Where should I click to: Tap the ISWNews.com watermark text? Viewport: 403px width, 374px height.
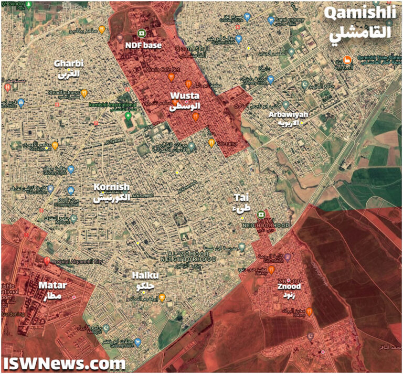[x=64, y=363]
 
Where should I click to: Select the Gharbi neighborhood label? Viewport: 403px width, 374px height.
[x=69, y=68]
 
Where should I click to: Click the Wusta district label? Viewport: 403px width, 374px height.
[x=186, y=101]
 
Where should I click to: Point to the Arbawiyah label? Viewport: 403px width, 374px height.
[x=288, y=118]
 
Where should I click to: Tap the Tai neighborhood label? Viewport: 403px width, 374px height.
[x=242, y=203]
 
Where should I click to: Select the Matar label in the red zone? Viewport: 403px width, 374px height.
[x=52, y=290]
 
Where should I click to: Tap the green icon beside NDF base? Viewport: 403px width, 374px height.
[x=141, y=33]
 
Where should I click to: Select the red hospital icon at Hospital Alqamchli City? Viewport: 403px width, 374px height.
[x=47, y=261]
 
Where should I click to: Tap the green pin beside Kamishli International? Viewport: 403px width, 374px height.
[x=129, y=116]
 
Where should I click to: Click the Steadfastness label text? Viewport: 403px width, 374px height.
[x=63, y=93]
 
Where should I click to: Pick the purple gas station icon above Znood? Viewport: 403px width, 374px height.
[x=288, y=257]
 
